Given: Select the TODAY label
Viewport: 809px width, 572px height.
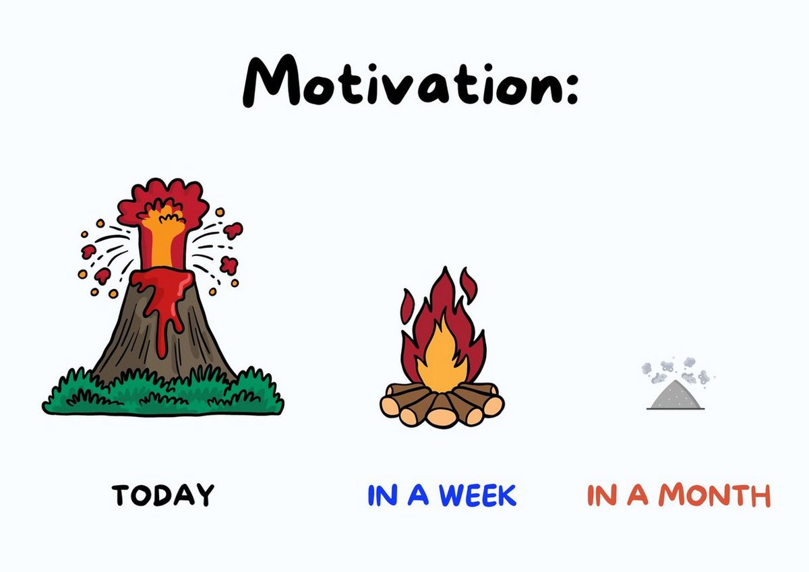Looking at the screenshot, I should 162,495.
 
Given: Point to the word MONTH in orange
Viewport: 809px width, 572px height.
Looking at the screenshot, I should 714,495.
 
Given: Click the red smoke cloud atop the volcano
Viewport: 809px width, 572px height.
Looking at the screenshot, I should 162,199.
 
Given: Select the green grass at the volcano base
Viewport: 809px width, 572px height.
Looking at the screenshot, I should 162,394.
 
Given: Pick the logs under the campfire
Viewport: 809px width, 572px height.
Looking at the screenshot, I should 442,404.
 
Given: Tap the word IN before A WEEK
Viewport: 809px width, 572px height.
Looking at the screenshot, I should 382,495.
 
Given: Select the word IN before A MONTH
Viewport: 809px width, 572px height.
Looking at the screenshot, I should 601,495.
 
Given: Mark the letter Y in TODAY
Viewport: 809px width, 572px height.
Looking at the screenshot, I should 203,495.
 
